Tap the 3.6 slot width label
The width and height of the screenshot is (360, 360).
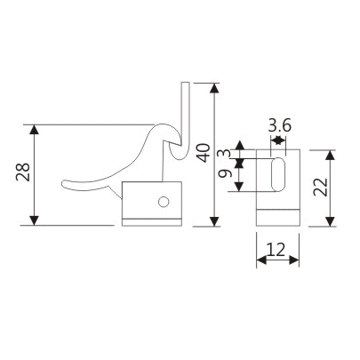click(279, 125)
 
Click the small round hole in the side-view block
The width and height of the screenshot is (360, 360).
click(164, 203)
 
